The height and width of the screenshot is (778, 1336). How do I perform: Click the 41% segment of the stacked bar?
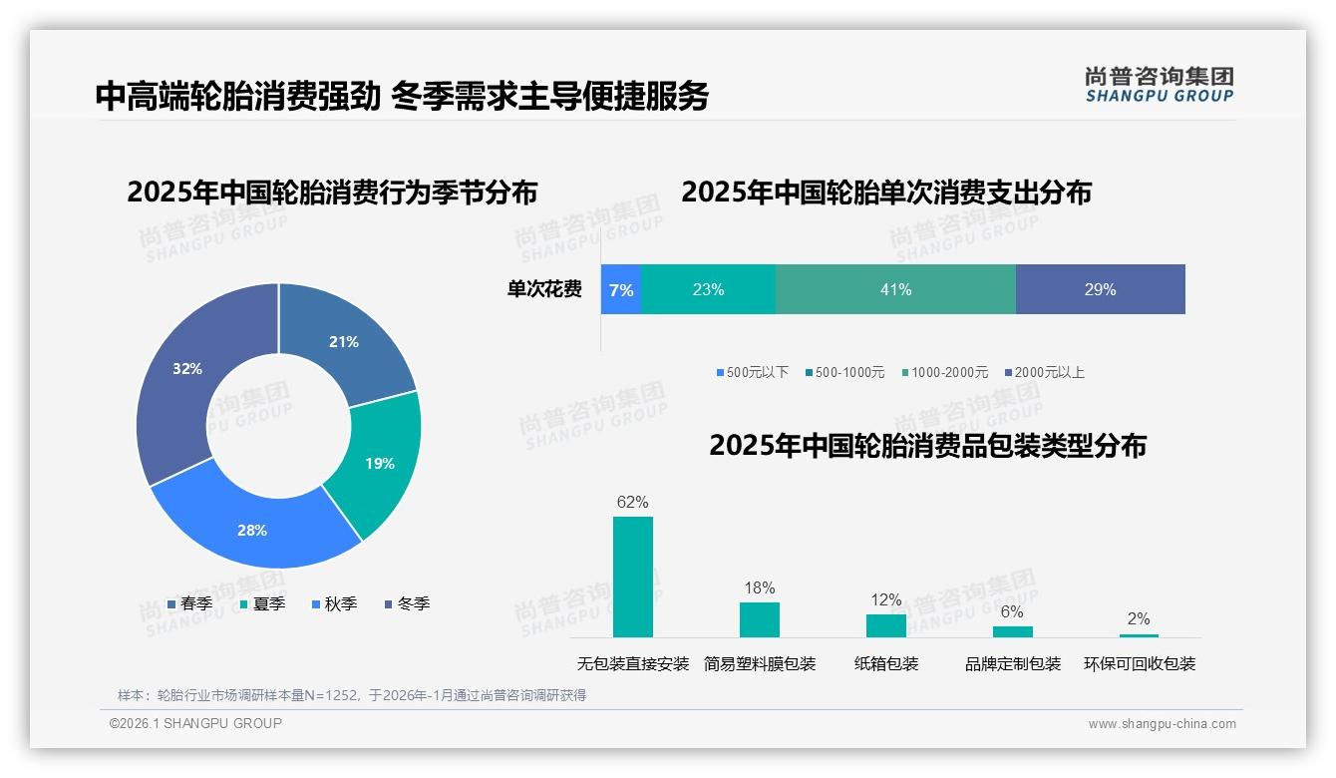click(895, 289)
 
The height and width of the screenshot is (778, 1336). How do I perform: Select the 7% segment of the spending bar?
click(620, 289)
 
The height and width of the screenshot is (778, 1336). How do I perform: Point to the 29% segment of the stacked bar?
click(1100, 289)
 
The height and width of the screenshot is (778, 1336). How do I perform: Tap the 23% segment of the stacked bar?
click(708, 289)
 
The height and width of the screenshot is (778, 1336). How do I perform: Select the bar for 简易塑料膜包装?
click(759, 619)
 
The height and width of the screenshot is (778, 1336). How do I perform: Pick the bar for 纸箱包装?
click(885, 625)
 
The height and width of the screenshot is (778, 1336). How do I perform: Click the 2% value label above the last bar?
click(1139, 618)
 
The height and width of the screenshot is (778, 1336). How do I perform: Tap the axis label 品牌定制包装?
click(1012, 663)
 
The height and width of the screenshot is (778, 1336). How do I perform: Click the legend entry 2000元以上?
click(1048, 372)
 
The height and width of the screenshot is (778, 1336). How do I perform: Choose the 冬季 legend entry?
click(412, 603)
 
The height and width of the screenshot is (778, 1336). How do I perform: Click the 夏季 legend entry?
click(268, 603)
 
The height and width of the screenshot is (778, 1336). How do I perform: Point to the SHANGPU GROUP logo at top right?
click(1159, 85)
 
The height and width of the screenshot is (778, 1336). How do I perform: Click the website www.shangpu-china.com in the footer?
click(1162, 723)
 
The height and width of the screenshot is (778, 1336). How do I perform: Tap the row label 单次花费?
click(544, 289)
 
